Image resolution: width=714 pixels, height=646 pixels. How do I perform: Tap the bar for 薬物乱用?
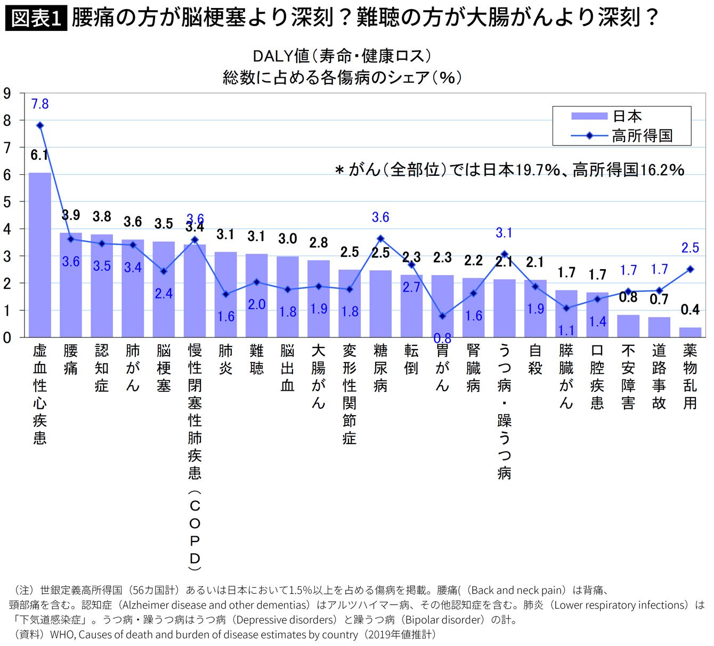pyautogui.click(x=690, y=332)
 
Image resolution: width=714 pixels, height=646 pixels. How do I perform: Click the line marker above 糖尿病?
pyautogui.click(x=380, y=239)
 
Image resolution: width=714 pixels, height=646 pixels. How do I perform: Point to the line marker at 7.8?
pyautogui.click(x=40, y=125)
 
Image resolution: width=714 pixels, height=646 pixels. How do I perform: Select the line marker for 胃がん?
pyautogui.click(x=442, y=316)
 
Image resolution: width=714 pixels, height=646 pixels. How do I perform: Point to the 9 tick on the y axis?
pyautogui.click(x=7, y=94)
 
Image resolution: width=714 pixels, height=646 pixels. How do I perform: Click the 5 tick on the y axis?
pyautogui.click(x=7, y=202)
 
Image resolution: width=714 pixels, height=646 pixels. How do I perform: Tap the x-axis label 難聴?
pyautogui.click(x=256, y=360)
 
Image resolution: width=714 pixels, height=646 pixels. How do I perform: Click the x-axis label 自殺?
pyautogui.click(x=535, y=360)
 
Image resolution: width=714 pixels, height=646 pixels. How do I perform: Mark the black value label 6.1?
pyautogui.click(x=39, y=155)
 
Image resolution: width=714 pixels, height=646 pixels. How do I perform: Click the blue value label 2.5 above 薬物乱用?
pyautogui.click(x=690, y=248)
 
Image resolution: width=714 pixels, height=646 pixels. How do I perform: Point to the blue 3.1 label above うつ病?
pyautogui.click(x=504, y=233)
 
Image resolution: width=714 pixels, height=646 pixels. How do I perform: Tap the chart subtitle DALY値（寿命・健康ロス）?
pyautogui.click(x=342, y=55)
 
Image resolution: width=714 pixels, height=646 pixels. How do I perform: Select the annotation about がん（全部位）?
pyautogui.click(x=509, y=170)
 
